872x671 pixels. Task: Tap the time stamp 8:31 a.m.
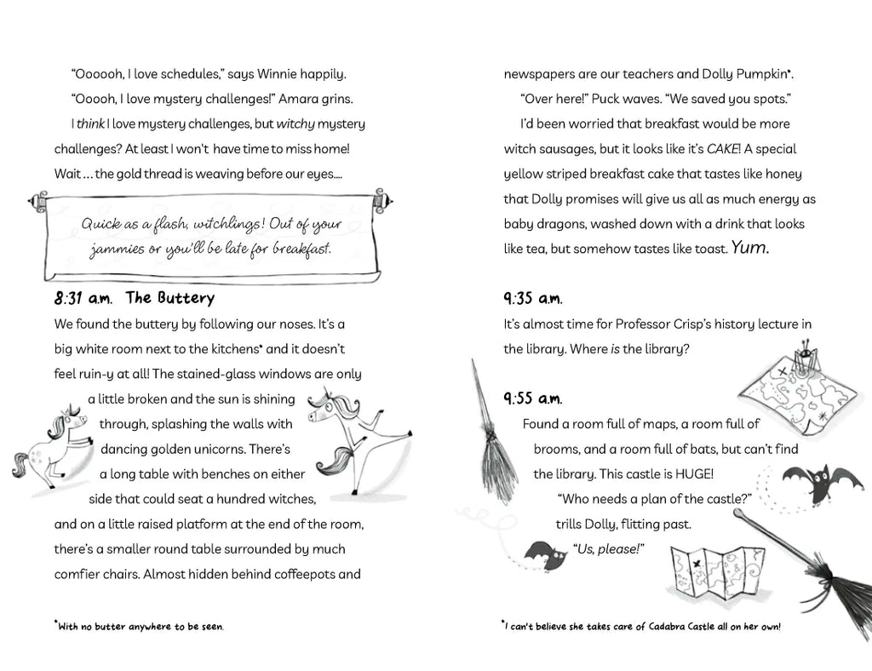(x=83, y=299)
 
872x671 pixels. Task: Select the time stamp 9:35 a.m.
(x=532, y=298)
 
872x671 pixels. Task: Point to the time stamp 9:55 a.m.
(x=532, y=399)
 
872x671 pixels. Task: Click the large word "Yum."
(x=750, y=248)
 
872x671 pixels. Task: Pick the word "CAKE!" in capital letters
(x=722, y=149)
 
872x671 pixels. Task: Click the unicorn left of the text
(x=51, y=443)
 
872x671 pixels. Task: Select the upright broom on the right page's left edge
(x=493, y=434)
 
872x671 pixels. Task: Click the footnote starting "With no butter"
(x=140, y=627)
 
